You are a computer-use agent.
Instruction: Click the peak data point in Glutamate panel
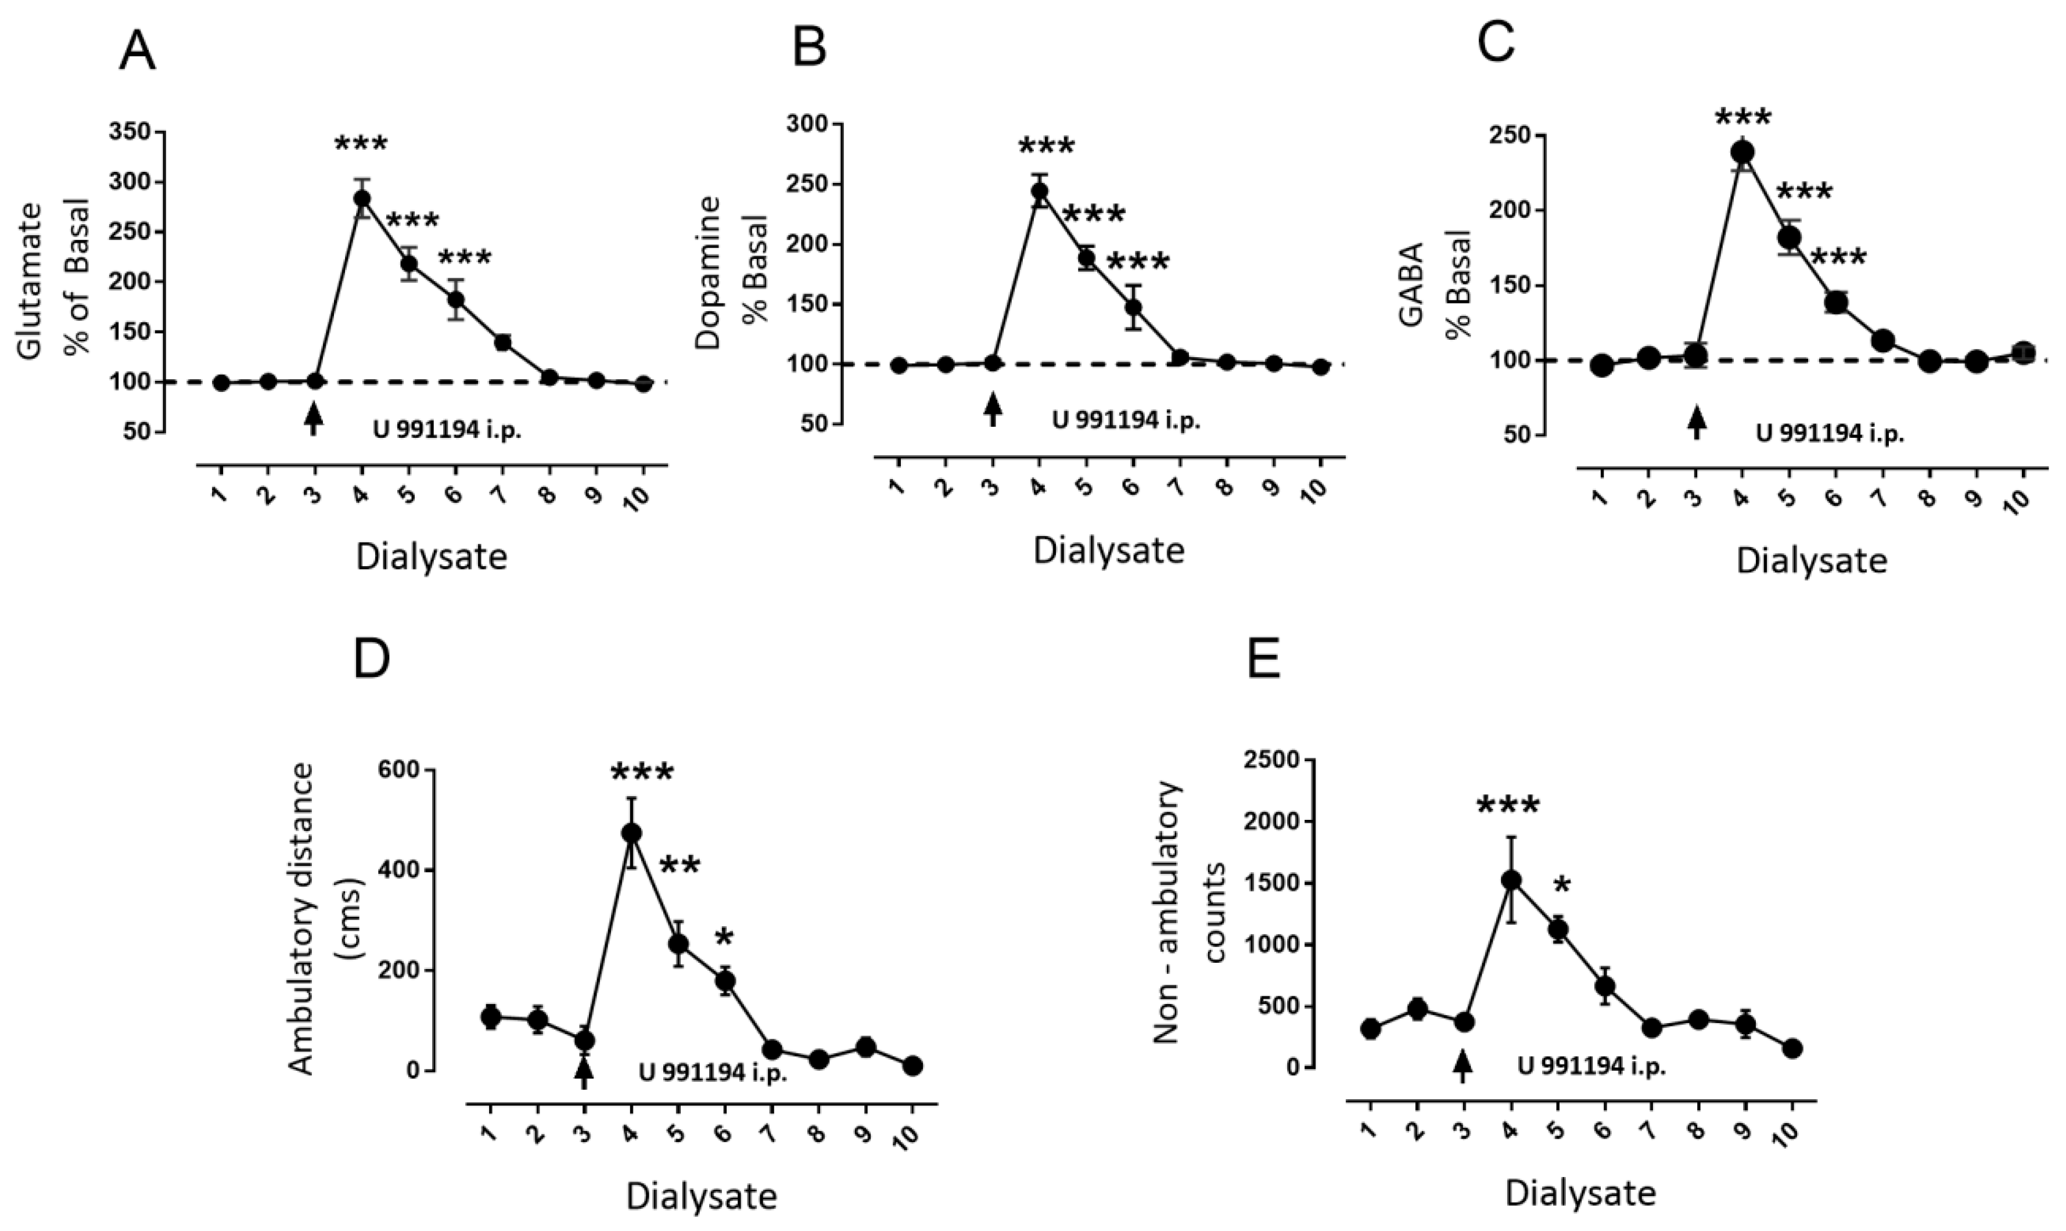click(x=362, y=198)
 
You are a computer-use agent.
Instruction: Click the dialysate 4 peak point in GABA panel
click(x=1742, y=152)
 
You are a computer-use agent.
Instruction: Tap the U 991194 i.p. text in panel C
click(x=1830, y=434)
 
